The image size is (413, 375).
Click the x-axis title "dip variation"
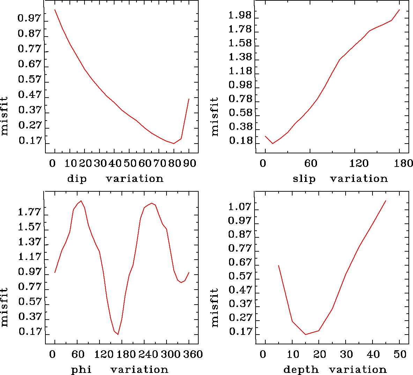click(x=115, y=179)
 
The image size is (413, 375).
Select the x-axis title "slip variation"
click(x=340, y=179)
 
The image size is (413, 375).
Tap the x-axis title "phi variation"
click(x=120, y=369)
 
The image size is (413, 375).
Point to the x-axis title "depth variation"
click(x=335, y=369)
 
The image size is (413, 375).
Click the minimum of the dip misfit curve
click(x=174, y=143)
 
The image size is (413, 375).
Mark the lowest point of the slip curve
click(x=273, y=143)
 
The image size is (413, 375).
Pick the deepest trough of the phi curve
click(x=118, y=334)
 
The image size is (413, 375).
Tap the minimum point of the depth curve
click(x=305, y=335)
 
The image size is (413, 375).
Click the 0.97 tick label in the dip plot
click(x=30, y=18)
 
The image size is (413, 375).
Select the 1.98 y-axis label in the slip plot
click(x=240, y=15)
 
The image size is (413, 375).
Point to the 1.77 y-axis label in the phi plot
click(x=30, y=212)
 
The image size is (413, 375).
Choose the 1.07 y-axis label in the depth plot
click(x=240, y=207)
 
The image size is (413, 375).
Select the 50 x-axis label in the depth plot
click(x=401, y=354)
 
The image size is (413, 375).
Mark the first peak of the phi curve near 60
click(x=81, y=201)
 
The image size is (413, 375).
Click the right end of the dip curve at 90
click(x=189, y=99)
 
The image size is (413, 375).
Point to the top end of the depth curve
click(x=386, y=201)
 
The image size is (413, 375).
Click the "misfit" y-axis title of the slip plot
click(x=214, y=116)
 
